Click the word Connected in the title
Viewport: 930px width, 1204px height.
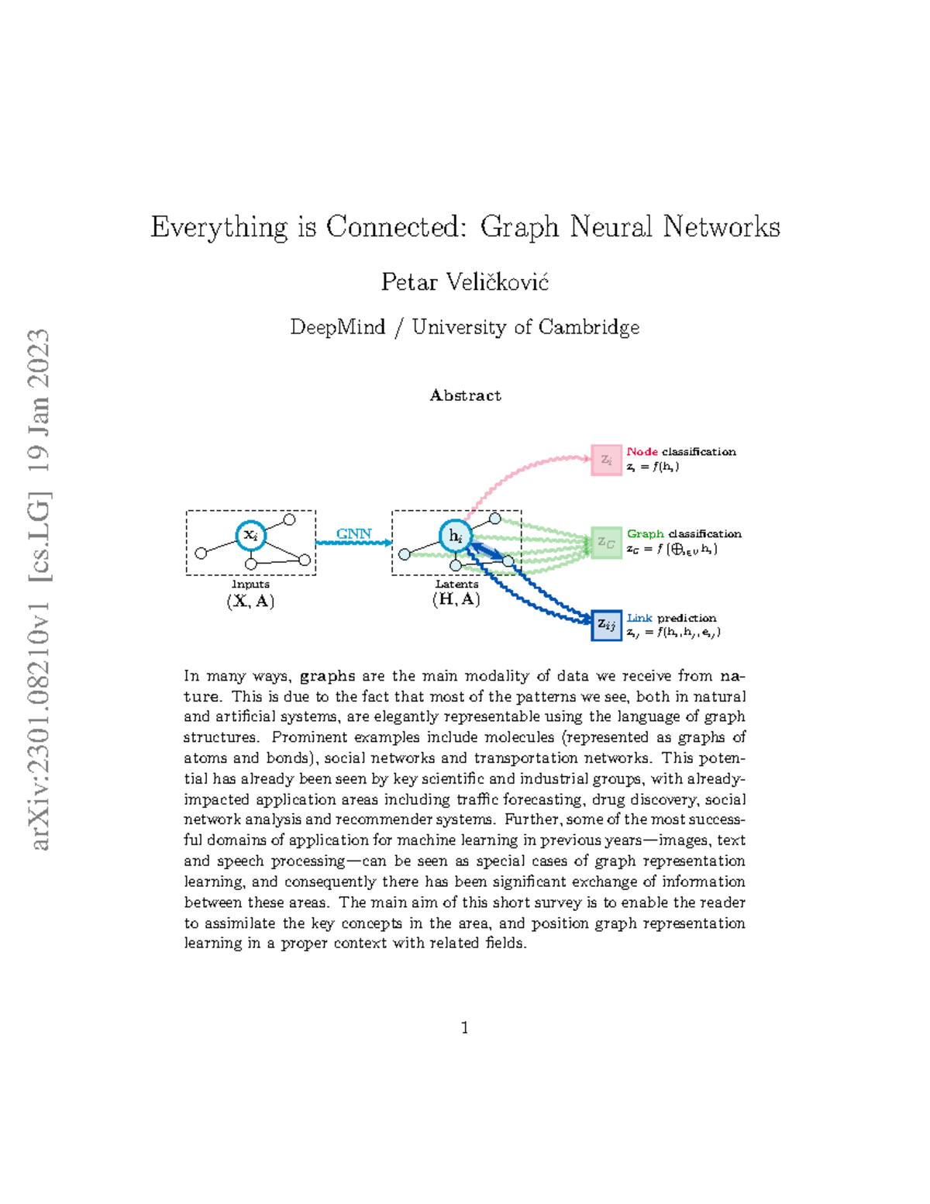pyautogui.click(x=395, y=227)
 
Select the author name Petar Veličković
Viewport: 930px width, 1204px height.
pyautogui.click(x=464, y=282)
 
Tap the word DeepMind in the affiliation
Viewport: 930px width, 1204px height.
pyautogui.click(x=338, y=327)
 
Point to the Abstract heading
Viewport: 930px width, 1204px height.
pyautogui.click(x=465, y=395)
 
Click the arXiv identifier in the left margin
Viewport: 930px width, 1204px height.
pyautogui.click(x=39, y=589)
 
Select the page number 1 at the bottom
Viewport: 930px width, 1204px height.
pyautogui.click(x=464, y=1028)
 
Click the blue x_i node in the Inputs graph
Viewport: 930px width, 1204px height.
pyautogui.click(x=250, y=535)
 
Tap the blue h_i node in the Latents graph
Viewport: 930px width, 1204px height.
pyautogui.click(x=455, y=536)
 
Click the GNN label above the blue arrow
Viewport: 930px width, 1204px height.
pyautogui.click(x=353, y=533)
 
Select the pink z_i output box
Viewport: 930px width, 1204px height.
pyautogui.click(x=606, y=460)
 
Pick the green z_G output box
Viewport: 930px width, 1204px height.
pyautogui.click(x=606, y=543)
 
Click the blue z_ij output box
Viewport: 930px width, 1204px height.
pyautogui.click(x=606, y=625)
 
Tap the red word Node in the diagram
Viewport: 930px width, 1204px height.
pyautogui.click(x=642, y=451)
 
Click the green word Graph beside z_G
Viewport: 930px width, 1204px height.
pyautogui.click(x=645, y=533)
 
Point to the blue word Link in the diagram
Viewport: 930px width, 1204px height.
pyautogui.click(x=639, y=618)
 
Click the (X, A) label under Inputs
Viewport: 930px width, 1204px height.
pyautogui.click(x=250, y=601)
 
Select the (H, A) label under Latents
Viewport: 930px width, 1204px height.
pyautogui.click(x=456, y=599)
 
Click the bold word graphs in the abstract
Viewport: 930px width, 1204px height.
pyautogui.click(x=327, y=676)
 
